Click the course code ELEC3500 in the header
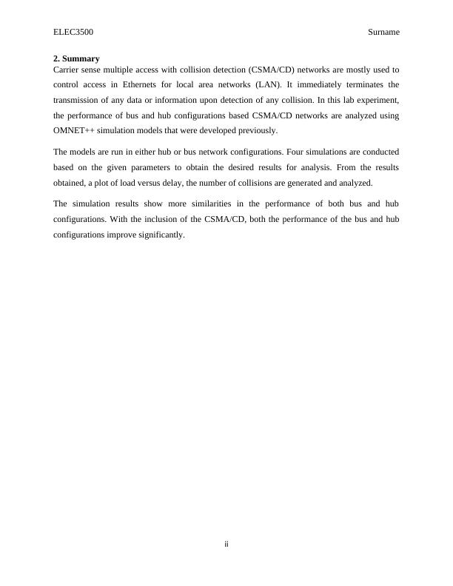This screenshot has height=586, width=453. coord(73,33)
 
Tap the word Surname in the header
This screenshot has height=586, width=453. coord(383,33)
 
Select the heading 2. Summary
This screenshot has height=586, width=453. coord(76,58)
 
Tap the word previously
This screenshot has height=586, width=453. coord(258,131)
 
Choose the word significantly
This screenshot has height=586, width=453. coord(159,235)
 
